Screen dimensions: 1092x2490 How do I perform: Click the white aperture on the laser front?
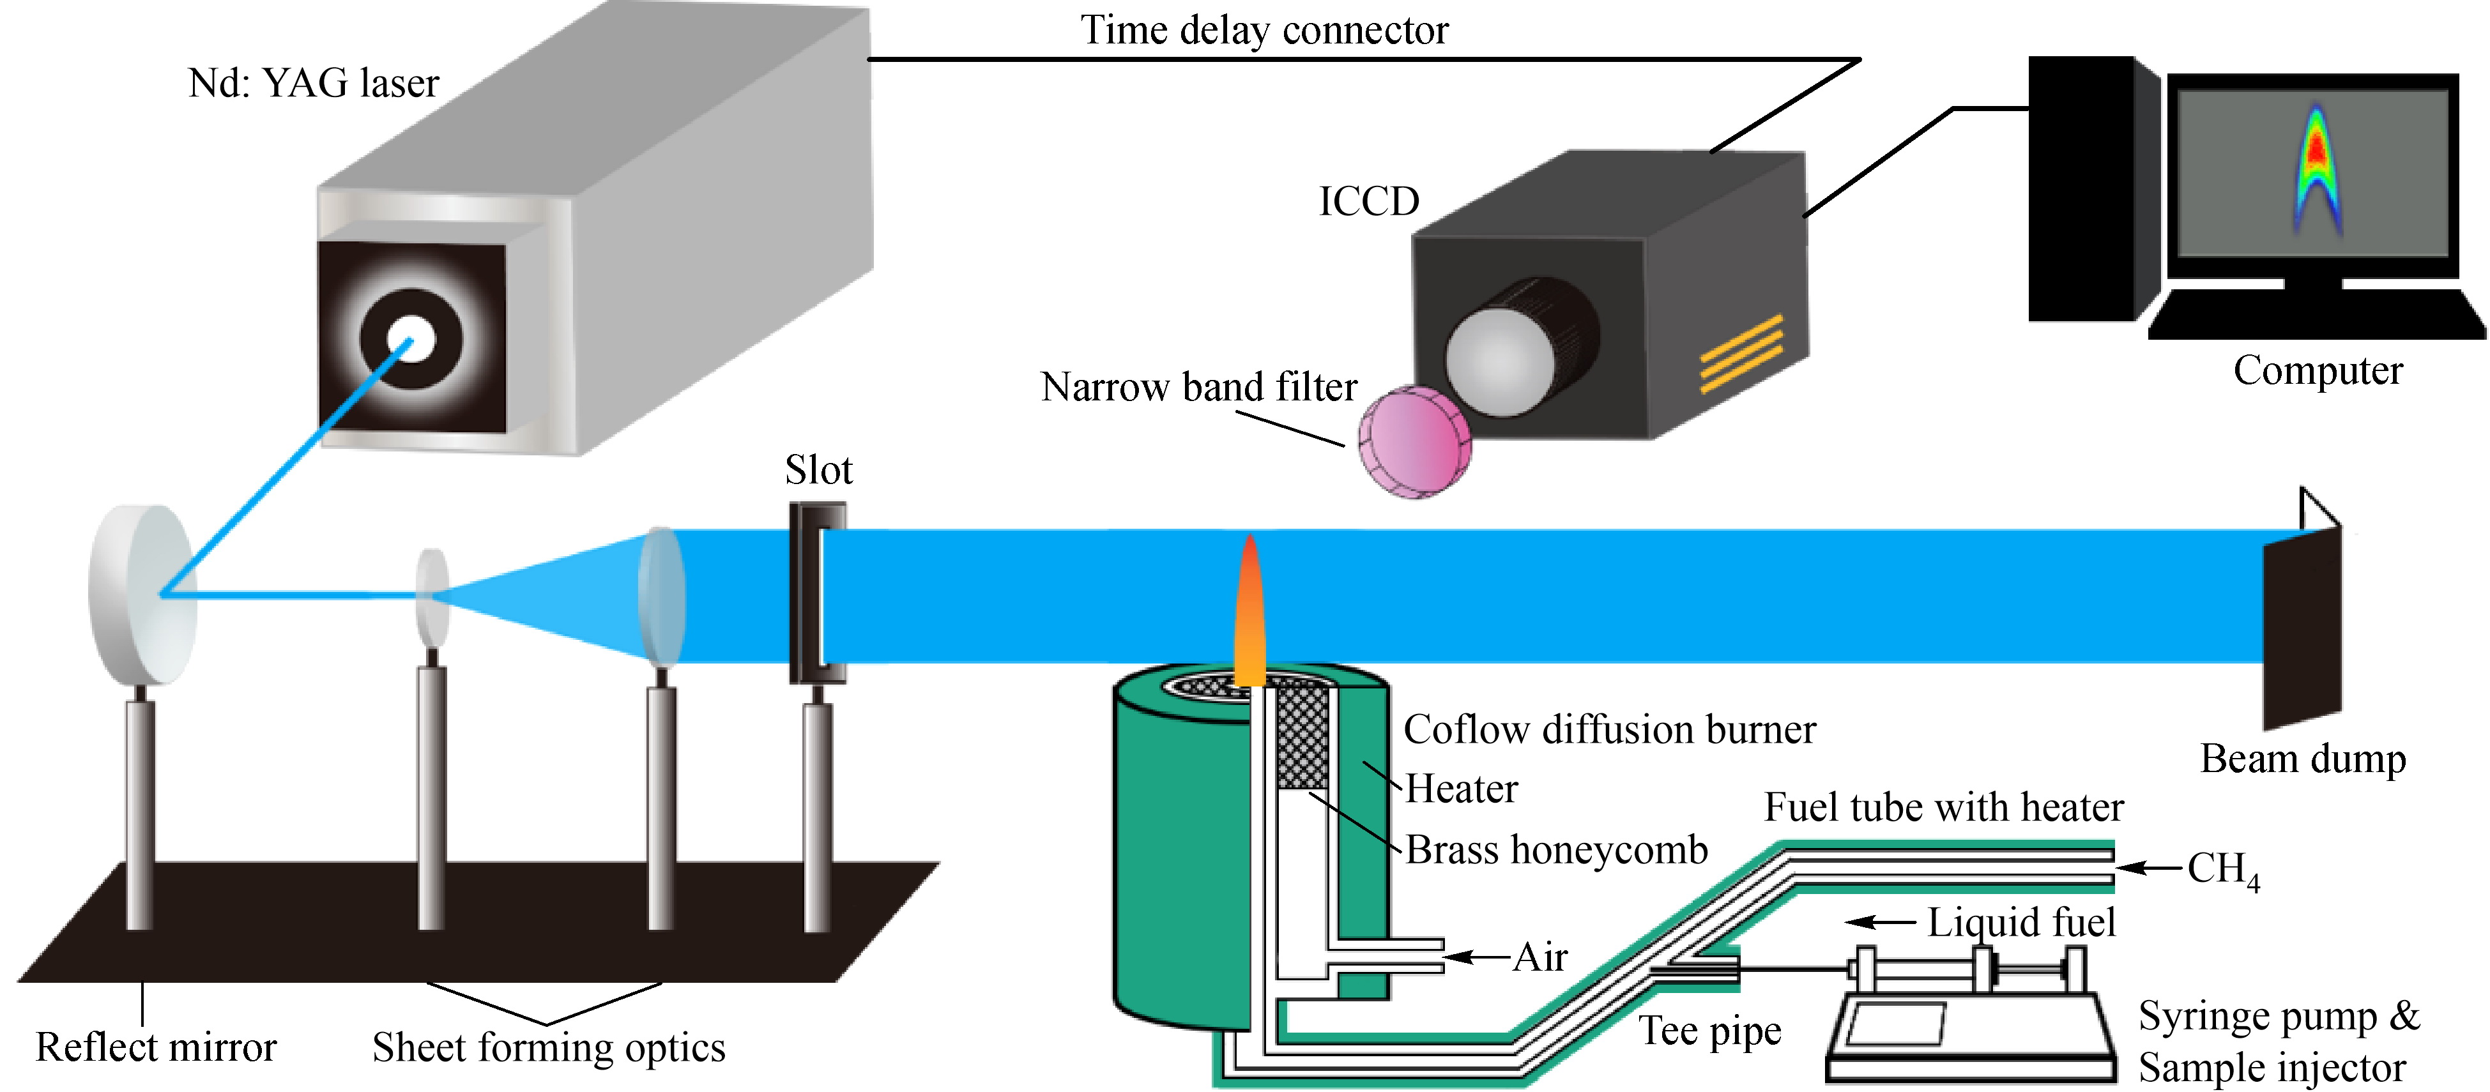pyautogui.click(x=413, y=338)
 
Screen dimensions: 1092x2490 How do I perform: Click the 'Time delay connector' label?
pyautogui.click(x=1264, y=31)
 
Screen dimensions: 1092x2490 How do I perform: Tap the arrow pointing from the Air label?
pyautogui.click(x=1476, y=957)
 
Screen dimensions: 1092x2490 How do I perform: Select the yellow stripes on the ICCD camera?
pyautogui.click(x=1740, y=354)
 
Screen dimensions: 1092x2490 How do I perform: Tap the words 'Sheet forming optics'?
pyautogui.click(x=548, y=1047)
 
